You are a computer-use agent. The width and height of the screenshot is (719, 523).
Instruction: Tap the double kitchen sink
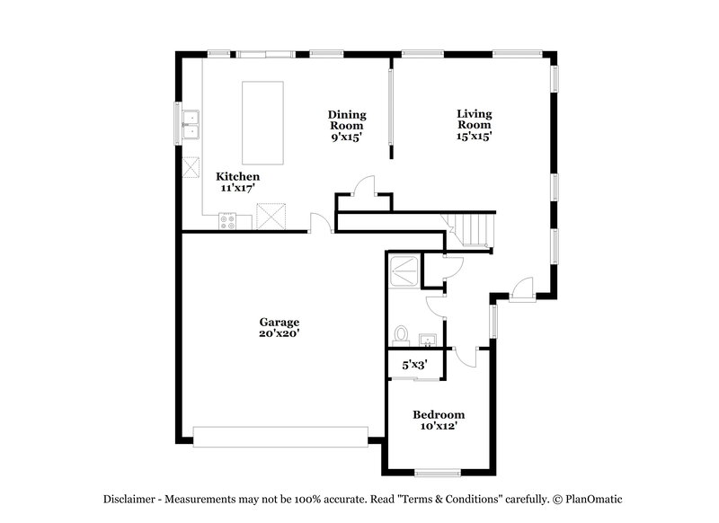pos(190,125)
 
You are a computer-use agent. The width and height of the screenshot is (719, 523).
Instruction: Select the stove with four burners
pos(226,220)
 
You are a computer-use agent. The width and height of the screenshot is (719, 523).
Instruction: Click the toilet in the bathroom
pos(401,336)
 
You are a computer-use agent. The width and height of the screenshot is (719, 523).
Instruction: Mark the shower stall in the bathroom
pos(404,268)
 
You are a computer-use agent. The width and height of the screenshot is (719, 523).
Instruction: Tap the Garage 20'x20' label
pos(279,327)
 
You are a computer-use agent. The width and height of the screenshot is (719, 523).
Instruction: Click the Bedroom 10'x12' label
pos(439,421)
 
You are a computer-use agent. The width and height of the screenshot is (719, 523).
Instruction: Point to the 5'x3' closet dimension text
pos(413,365)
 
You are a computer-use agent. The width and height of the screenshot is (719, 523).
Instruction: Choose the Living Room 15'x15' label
pos(474,125)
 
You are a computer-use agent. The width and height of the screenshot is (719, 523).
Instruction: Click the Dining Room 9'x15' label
pos(346,126)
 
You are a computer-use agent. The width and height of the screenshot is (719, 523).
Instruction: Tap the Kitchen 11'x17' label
pos(238,182)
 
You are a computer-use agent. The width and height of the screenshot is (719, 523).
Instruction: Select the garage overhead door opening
pos(280,436)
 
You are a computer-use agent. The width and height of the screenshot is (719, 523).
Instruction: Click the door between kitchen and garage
pos(319,223)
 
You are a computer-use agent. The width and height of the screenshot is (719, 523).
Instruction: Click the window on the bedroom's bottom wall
pos(438,473)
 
